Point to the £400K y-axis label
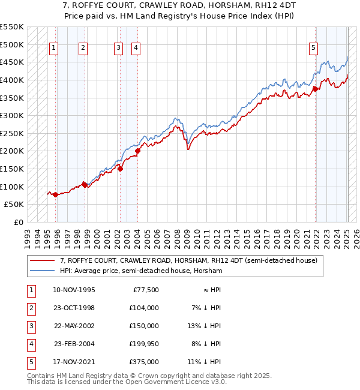point(12,80)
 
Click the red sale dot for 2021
point(316,89)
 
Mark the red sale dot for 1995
point(55,194)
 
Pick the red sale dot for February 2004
point(137,151)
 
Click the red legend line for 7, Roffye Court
point(43,261)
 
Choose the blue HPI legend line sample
point(43,271)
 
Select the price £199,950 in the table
point(143,344)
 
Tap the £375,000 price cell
point(145,362)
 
